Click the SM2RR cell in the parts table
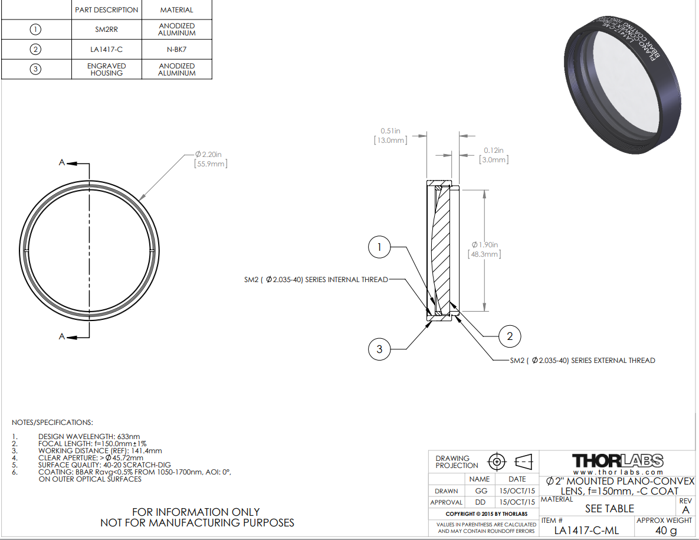point(107,30)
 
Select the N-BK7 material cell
point(176,50)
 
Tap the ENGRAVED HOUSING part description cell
point(107,70)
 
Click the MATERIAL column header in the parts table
point(176,10)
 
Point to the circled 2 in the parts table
point(35,49)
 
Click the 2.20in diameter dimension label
point(211,159)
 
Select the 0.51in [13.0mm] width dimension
point(390,136)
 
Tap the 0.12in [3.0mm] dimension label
point(494,155)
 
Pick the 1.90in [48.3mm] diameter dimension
point(484,249)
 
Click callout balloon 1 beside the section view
point(379,247)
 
